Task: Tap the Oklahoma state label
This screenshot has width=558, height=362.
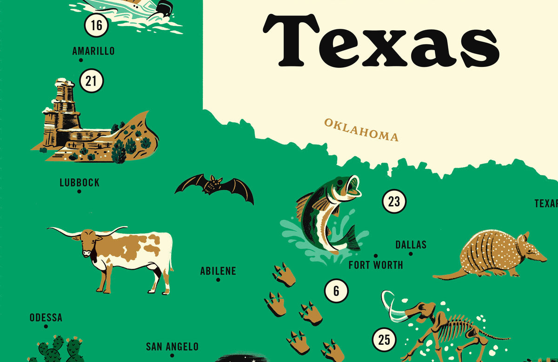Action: click(361, 130)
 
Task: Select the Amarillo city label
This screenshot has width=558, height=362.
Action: click(93, 51)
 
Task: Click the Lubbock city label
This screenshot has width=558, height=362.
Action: click(80, 183)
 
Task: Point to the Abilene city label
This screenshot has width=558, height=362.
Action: click(218, 271)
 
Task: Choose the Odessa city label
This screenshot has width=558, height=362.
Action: click(46, 318)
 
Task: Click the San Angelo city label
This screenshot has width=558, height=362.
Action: click(172, 347)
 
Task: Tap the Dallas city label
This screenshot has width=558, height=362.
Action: click(411, 244)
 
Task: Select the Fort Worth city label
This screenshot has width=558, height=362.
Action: click(376, 265)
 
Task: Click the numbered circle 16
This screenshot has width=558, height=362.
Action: click(96, 25)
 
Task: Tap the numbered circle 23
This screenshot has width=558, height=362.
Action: click(394, 202)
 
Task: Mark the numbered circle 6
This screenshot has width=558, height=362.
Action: click(336, 291)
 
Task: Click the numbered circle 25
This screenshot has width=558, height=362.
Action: click(384, 340)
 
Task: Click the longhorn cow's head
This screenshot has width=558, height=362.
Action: click(87, 244)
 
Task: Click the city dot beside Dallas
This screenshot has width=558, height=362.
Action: click(411, 254)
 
